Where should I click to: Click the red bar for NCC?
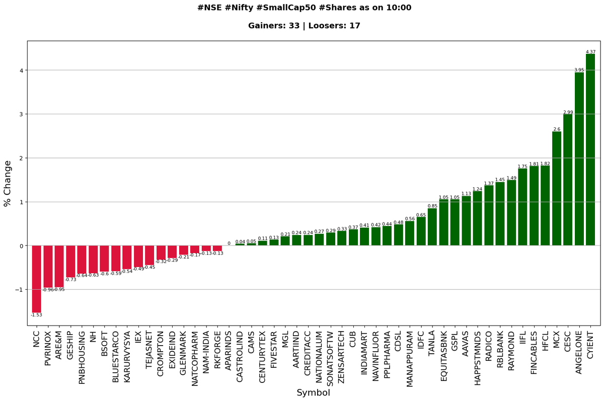click(x=36, y=279)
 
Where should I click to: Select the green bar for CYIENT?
click(x=590, y=149)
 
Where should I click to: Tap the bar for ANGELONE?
click(x=579, y=159)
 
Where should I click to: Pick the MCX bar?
click(x=557, y=188)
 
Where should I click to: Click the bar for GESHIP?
click(x=70, y=262)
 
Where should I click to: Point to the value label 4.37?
click(x=590, y=52)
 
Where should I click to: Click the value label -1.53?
click(x=36, y=315)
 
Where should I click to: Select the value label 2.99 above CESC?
click(x=568, y=112)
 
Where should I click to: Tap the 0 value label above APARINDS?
click(x=229, y=244)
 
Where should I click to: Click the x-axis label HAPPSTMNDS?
click(x=477, y=358)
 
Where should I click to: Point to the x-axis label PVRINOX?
click(x=48, y=349)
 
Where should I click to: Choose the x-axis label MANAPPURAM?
click(x=409, y=359)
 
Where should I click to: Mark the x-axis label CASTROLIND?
click(x=240, y=357)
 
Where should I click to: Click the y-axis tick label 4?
click(x=22, y=70)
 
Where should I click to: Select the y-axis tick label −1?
click(x=19, y=290)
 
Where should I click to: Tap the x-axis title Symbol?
click(x=313, y=392)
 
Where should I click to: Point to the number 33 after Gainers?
click(x=294, y=26)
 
